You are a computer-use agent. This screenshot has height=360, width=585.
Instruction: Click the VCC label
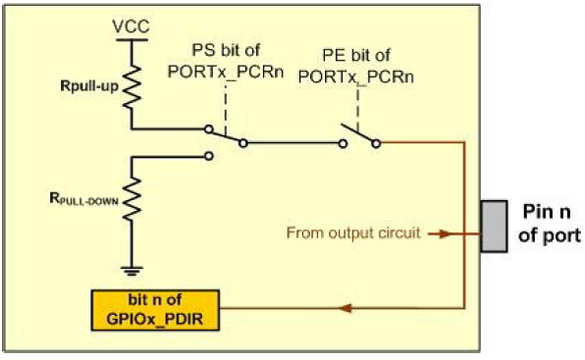pyautogui.click(x=131, y=26)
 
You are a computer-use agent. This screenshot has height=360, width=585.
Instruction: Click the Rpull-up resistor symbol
pyautogui.click(x=132, y=87)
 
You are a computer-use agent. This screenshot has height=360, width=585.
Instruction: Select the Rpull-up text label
pyautogui.click(x=89, y=86)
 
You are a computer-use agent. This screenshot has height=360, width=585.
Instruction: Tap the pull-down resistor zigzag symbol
pyautogui.click(x=132, y=199)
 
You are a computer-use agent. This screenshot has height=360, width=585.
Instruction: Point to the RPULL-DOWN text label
pyautogui.click(x=84, y=199)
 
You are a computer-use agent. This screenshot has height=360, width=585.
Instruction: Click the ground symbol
pyautogui.click(x=132, y=271)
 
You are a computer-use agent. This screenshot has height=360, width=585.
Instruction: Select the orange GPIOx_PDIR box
pyautogui.click(x=155, y=310)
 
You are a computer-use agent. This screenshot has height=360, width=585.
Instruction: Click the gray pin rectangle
pyautogui.click(x=494, y=227)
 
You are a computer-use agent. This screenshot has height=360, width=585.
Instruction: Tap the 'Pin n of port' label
pyautogui.click(x=550, y=224)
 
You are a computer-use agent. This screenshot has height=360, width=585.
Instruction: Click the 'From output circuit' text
pyautogui.click(x=353, y=232)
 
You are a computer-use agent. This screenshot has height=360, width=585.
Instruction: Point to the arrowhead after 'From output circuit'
pyautogui.click(x=445, y=234)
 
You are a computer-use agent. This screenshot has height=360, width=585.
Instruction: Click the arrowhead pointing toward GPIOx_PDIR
pyautogui.click(x=346, y=308)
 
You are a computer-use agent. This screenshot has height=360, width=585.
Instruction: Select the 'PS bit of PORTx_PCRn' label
pyautogui.click(x=226, y=61)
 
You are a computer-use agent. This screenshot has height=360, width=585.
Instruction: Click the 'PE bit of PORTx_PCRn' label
pyautogui.click(x=356, y=66)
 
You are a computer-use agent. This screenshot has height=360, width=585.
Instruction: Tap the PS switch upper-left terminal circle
pyautogui.click(x=209, y=129)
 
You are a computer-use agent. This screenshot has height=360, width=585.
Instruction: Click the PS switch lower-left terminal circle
pyautogui.click(x=209, y=156)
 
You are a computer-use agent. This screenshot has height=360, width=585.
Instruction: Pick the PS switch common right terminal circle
pyautogui.click(x=243, y=143)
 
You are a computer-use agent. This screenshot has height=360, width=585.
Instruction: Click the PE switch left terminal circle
pyautogui.click(x=343, y=143)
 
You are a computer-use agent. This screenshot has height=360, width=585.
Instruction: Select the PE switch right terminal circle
pyautogui.click(x=376, y=143)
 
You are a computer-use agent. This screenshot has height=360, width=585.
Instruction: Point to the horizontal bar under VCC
pyautogui.click(x=132, y=39)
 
